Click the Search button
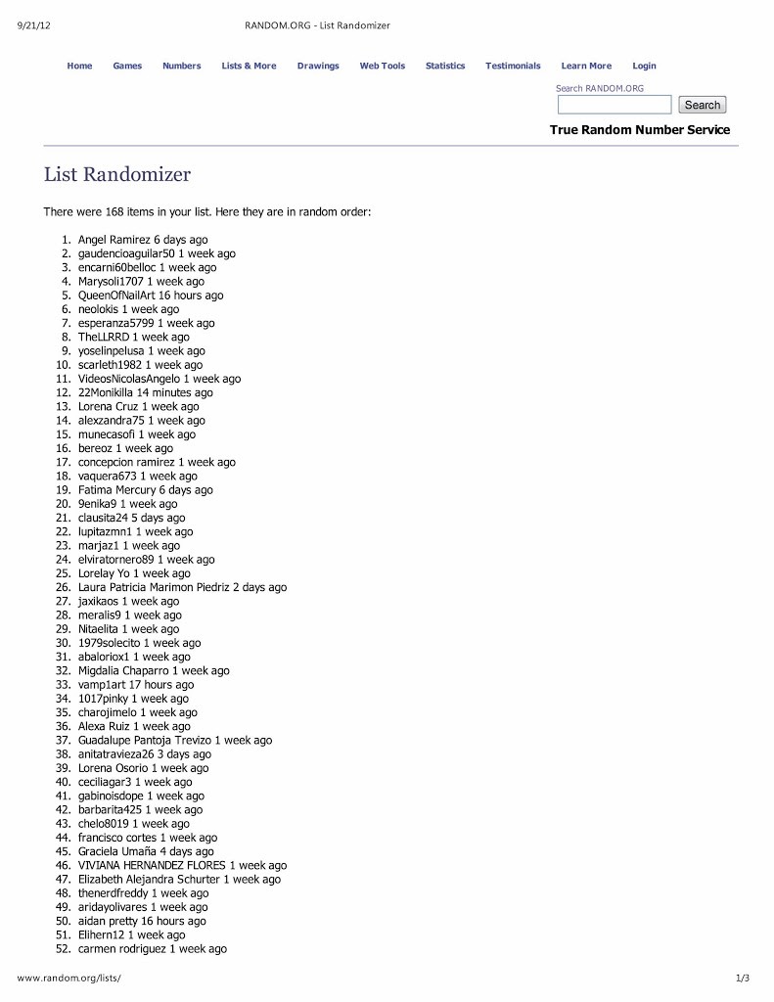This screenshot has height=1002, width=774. point(702,105)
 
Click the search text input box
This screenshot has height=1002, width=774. point(615,105)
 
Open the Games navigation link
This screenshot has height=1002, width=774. point(127,66)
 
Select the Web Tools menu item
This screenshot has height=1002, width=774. point(382,66)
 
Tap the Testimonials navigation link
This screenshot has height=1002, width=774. point(513,66)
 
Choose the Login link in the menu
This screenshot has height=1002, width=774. point(644,66)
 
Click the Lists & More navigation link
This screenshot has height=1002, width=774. point(249,66)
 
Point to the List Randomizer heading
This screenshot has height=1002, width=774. point(117,175)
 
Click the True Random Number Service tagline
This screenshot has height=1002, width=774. point(639,130)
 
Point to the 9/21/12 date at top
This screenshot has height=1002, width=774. point(34,25)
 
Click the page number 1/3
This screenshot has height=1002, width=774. point(742,978)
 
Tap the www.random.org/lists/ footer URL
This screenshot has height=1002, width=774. point(68,978)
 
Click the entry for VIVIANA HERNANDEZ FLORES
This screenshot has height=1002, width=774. point(152,865)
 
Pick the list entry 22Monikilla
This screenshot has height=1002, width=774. point(106,392)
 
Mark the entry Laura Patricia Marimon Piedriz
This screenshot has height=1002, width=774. point(154,587)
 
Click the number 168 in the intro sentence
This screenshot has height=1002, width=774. point(114,211)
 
